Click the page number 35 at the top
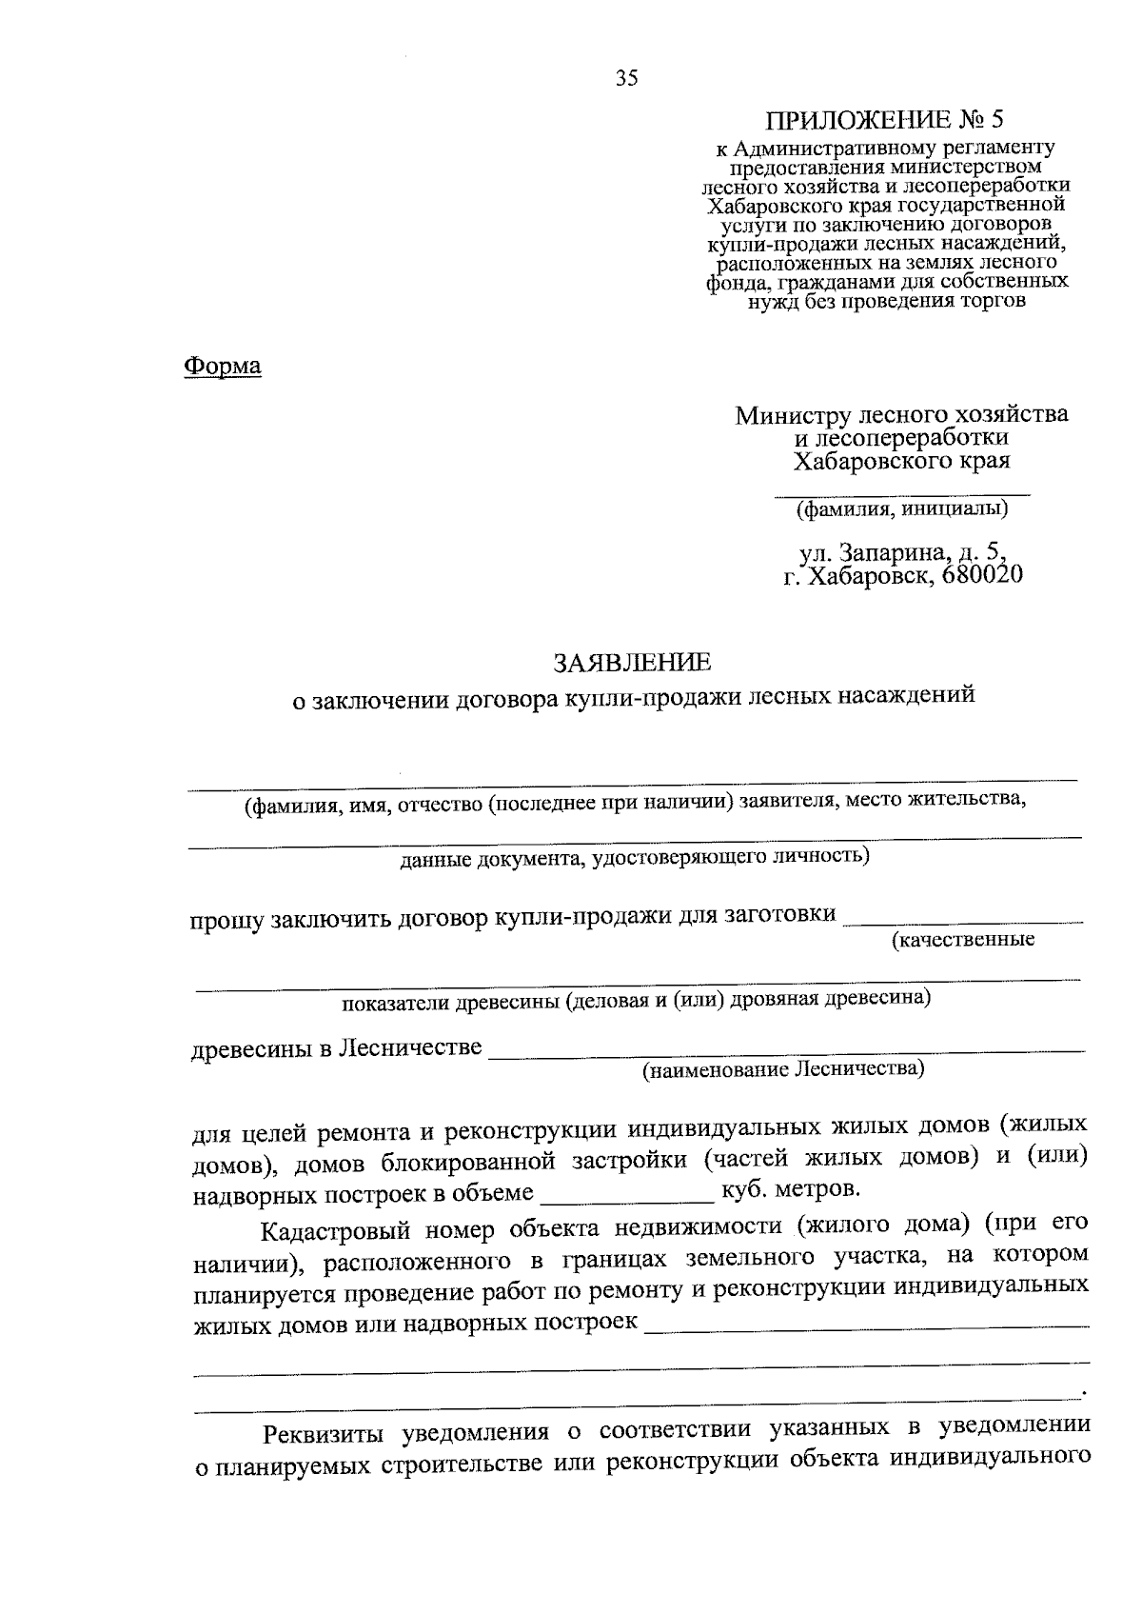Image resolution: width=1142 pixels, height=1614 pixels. (626, 79)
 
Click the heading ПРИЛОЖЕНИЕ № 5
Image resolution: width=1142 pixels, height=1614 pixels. (885, 120)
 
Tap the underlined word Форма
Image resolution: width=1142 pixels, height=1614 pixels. (222, 367)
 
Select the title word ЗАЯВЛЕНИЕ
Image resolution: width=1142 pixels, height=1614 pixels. (632, 661)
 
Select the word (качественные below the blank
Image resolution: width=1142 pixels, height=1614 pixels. (962, 941)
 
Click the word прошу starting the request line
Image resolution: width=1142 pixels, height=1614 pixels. (227, 921)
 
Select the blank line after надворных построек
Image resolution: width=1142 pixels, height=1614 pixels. (866, 1325)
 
